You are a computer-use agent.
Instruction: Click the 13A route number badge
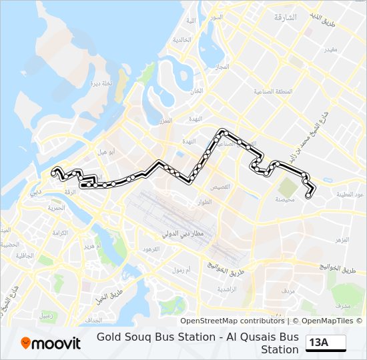click(326, 343)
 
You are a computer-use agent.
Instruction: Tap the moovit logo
click(51, 343)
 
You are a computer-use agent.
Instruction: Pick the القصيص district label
click(220, 187)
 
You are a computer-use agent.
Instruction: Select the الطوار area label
click(205, 201)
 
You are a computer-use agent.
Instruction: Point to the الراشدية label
click(228, 289)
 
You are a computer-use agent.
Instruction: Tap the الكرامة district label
click(60, 233)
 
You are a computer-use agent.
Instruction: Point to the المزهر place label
click(342, 239)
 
